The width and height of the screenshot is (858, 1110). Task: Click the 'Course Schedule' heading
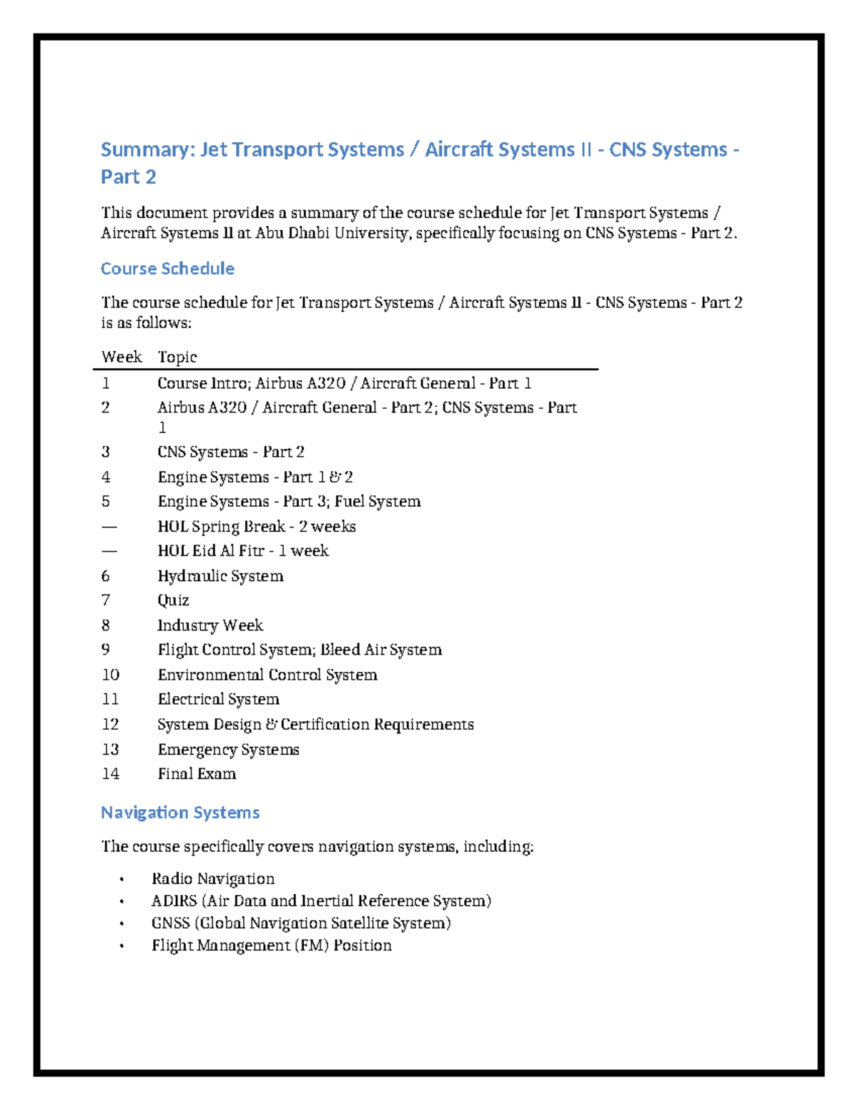click(167, 269)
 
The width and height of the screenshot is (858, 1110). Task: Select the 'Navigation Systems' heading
click(179, 813)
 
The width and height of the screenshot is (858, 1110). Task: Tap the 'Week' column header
click(122, 357)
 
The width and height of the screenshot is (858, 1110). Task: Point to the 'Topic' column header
click(177, 357)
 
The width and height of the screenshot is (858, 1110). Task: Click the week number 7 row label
click(106, 600)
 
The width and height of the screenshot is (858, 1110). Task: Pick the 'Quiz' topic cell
click(173, 600)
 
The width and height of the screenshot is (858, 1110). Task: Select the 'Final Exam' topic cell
click(197, 774)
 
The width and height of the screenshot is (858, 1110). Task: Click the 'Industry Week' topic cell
click(210, 625)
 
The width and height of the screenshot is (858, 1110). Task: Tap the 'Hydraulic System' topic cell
click(220, 576)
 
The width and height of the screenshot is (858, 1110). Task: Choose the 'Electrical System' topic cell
click(218, 699)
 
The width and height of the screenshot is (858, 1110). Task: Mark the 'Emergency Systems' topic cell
click(228, 750)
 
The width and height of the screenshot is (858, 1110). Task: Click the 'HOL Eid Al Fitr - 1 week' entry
click(243, 551)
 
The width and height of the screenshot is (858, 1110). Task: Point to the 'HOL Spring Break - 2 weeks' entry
click(256, 527)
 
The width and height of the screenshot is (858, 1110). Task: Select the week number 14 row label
click(110, 774)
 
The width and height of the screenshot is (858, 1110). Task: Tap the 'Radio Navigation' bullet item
click(213, 879)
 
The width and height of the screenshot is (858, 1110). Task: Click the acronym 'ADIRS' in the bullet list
click(174, 901)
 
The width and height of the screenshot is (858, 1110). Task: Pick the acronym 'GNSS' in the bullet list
click(170, 923)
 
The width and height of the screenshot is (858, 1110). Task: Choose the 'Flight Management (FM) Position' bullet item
click(272, 946)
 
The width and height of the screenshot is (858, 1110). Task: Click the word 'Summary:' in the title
click(147, 149)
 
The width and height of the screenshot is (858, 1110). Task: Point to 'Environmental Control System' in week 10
click(267, 675)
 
